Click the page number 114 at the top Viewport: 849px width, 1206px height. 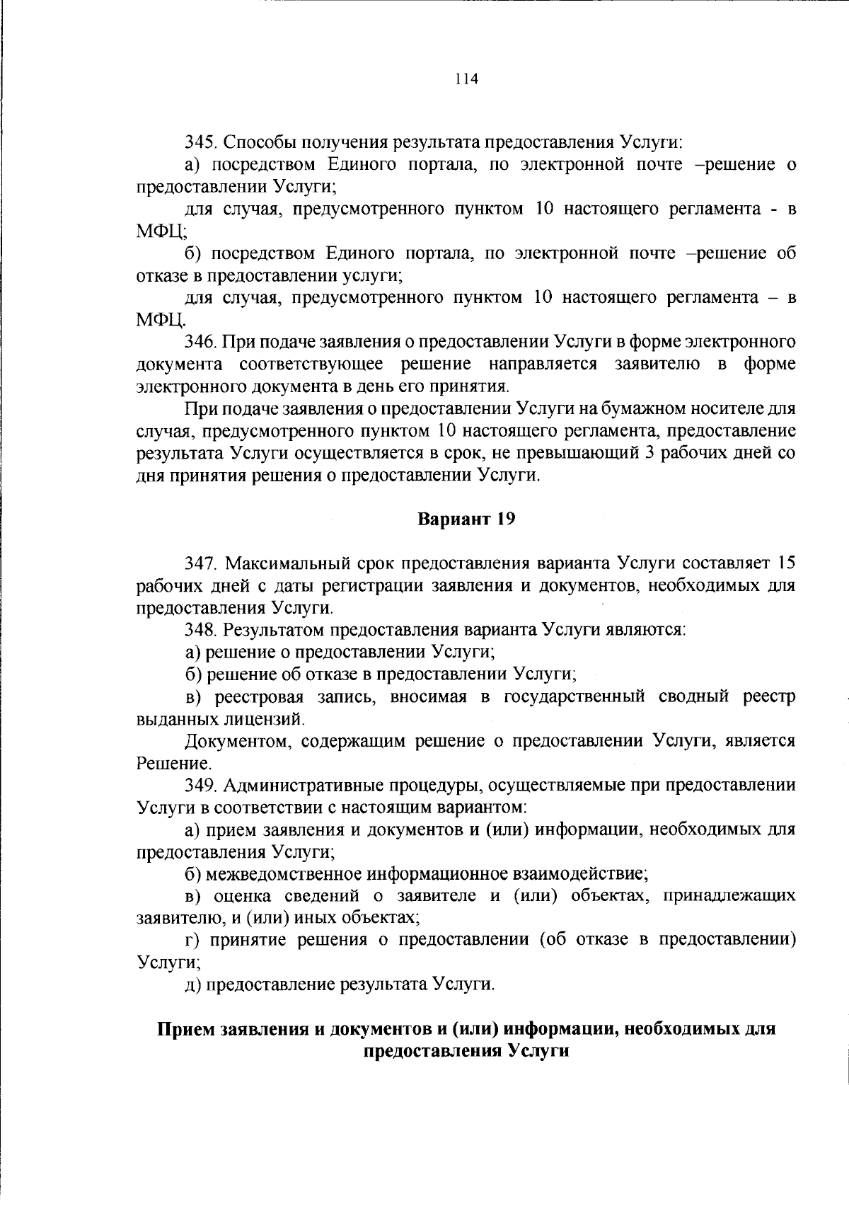468,79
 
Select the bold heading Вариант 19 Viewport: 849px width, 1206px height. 467,519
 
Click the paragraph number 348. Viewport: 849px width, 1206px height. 200,629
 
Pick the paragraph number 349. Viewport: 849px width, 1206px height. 200,785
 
